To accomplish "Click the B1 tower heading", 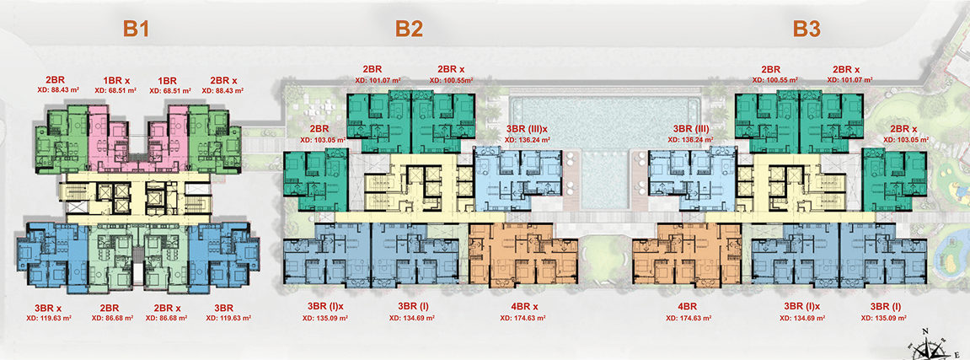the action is click(136, 29).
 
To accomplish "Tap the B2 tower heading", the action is click(410, 29).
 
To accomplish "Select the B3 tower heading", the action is click(807, 29).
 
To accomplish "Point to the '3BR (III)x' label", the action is click(527, 129).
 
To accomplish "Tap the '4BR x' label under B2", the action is click(523, 308).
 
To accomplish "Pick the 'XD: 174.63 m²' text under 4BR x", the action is click(523, 318).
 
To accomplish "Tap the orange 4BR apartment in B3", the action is click(687, 254).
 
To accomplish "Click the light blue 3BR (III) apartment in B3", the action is click(692, 180).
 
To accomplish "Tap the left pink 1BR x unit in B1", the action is click(108, 139).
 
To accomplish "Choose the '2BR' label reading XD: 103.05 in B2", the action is click(319, 129).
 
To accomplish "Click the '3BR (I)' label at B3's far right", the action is click(885, 308).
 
